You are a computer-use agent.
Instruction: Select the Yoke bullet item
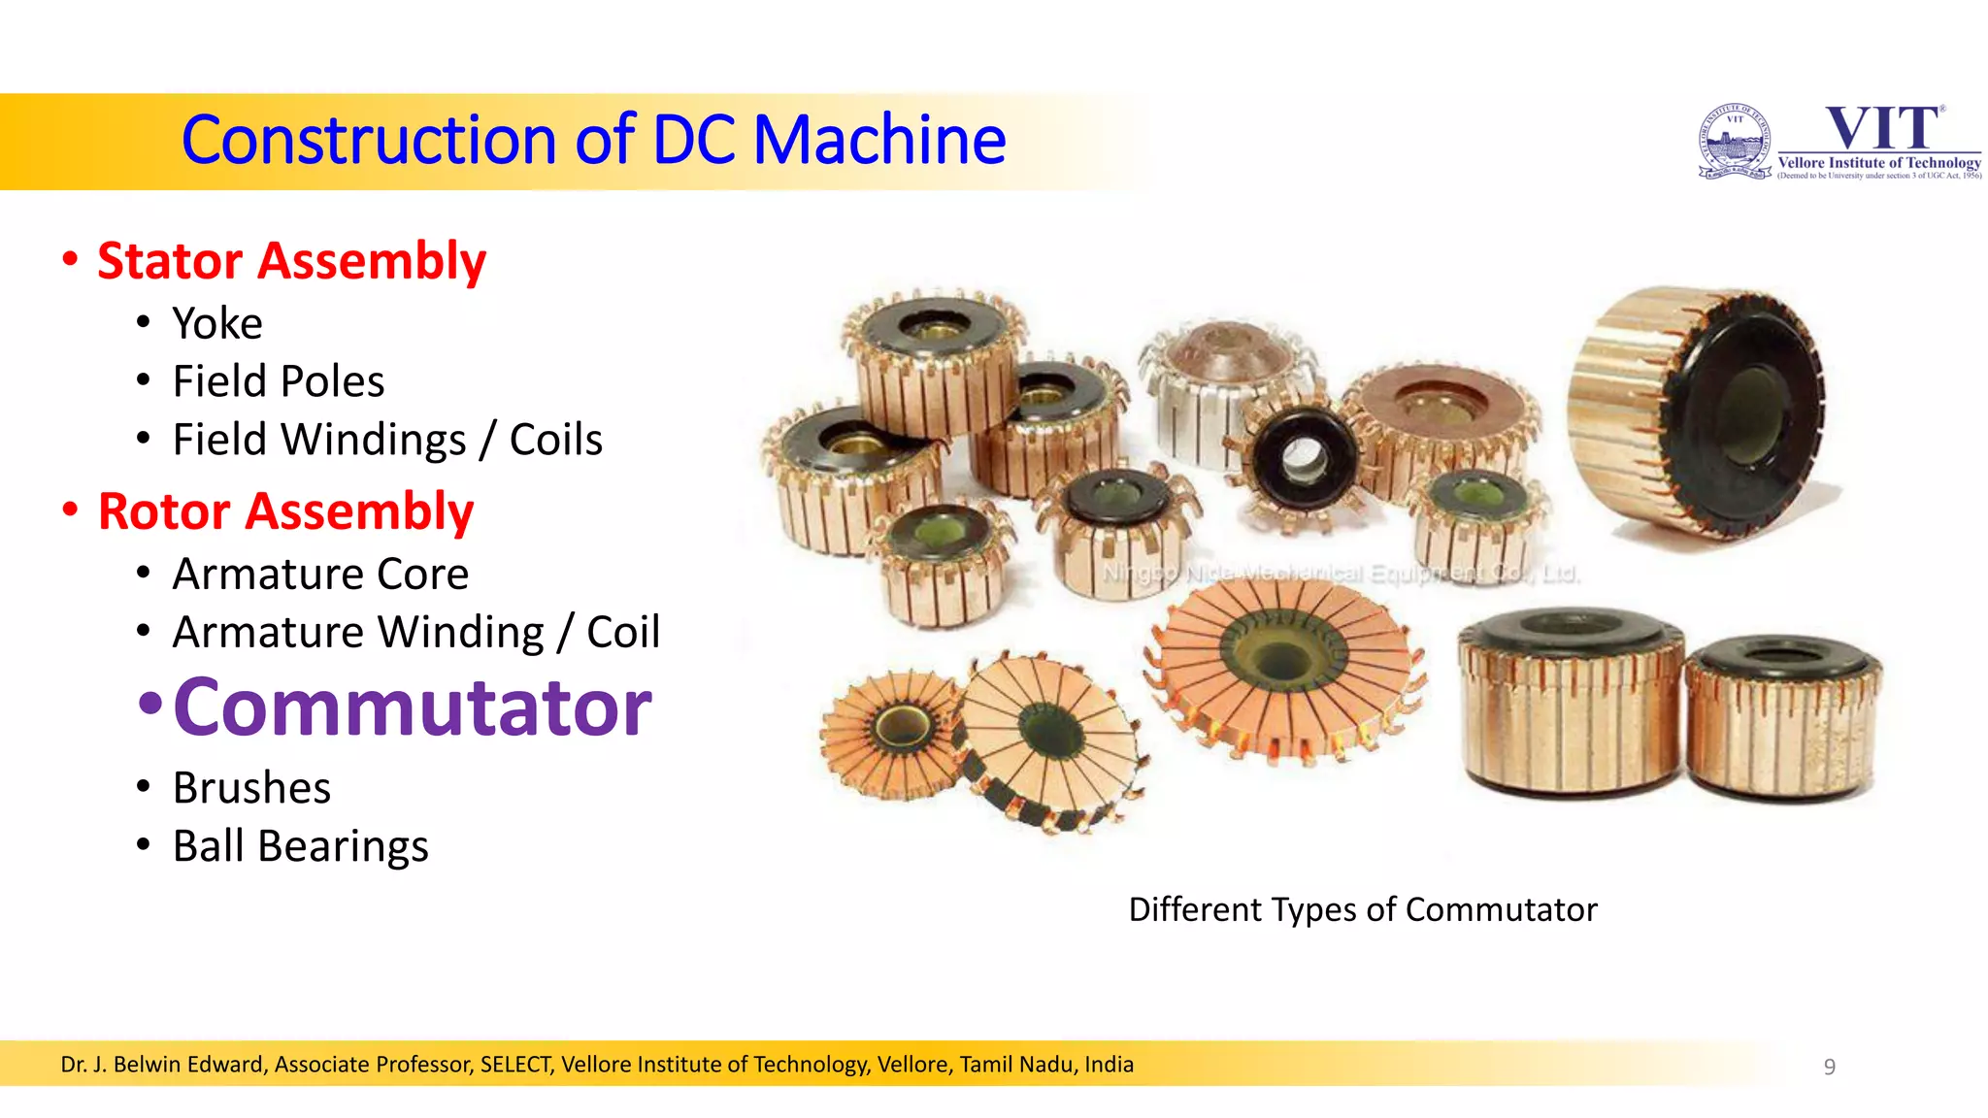pyautogui.click(x=217, y=323)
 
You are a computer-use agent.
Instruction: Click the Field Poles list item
pyautogui.click(x=279, y=381)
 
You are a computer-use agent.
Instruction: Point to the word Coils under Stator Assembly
pyautogui.click(x=556, y=440)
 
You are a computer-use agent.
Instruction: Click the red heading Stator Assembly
pyautogui.click(x=291, y=261)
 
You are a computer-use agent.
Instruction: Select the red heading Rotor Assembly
pyautogui.click(x=285, y=511)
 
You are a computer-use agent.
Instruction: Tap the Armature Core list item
pyautogui.click(x=320, y=574)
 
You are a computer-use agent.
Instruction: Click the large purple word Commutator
pyautogui.click(x=413, y=707)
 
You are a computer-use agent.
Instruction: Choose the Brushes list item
pyautogui.click(x=251, y=787)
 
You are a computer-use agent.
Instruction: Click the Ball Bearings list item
pyautogui.click(x=300, y=845)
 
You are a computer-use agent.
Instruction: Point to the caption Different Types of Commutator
pyautogui.click(x=1362, y=909)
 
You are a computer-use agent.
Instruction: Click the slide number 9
pyautogui.click(x=1829, y=1067)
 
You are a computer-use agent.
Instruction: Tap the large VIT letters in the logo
pyautogui.click(x=1883, y=128)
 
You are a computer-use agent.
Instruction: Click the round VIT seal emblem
pyautogui.click(x=1735, y=142)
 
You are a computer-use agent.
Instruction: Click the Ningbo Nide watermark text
pyautogui.click(x=1340, y=573)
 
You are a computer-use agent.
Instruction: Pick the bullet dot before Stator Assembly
pyautogui.click(x=70, y=260)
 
